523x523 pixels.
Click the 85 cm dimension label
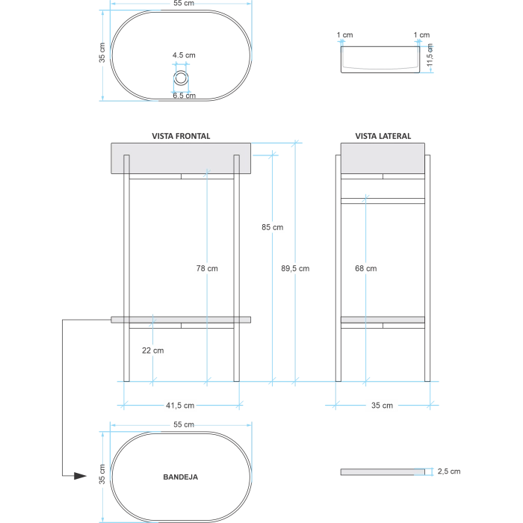[273, 227]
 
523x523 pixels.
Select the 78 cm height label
[207, 268]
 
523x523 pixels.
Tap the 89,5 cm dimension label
[295, 268]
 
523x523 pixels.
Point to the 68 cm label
[365, 268]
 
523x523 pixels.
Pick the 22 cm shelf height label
[152, 350]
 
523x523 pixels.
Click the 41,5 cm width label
[179, 405]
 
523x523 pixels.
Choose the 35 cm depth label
[382, 405]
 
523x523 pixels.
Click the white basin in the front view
[179, 158]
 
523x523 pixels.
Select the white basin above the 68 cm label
[383, 158]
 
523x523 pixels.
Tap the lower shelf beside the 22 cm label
[179, 320]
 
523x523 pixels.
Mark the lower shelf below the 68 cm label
[383, 320]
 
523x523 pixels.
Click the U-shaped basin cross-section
[380, 57]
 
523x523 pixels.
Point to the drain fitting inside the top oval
[182, 77]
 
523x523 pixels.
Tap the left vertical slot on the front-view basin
[128, 164]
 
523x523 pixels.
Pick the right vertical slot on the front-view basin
[236, 164]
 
